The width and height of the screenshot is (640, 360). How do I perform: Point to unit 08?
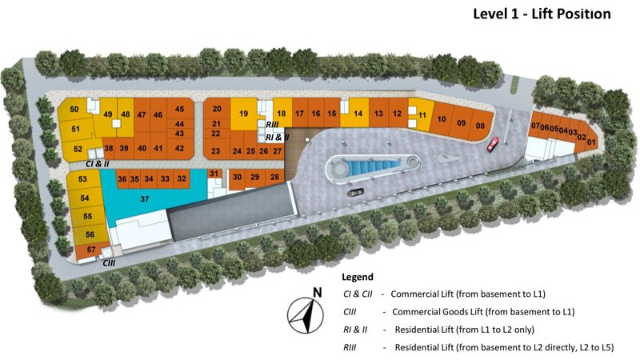[x=480, y=125]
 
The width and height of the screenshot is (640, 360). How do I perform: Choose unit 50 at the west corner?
[x=74, y=110]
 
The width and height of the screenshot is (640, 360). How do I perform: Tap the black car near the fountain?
[x=357, y=190]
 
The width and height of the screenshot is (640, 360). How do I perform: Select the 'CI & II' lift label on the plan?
[x=97, y=163]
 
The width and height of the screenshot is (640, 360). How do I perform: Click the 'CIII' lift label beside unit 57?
[x=110, y=262]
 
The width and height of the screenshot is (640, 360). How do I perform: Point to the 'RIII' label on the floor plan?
[x=272, y=125]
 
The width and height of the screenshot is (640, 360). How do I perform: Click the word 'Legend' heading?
[x=357, y=277]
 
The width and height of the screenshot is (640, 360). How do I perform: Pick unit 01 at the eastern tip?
[x=592, y=140]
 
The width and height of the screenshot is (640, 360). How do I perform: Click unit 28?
[x=274, y=176]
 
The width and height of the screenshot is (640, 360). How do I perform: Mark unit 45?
[x=180, y=110]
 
